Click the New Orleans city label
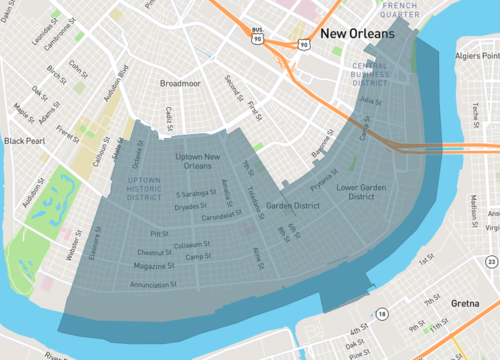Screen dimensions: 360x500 point(350,35)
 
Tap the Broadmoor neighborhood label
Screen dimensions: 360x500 point(180,84)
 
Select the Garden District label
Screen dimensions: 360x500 point(292,207)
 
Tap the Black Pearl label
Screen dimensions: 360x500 point(23,141)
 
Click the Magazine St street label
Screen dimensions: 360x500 point(155,265)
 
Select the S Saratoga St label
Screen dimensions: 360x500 point(199,193)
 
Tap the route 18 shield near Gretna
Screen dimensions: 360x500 point(382,314)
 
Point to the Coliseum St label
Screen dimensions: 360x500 point(191,244)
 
